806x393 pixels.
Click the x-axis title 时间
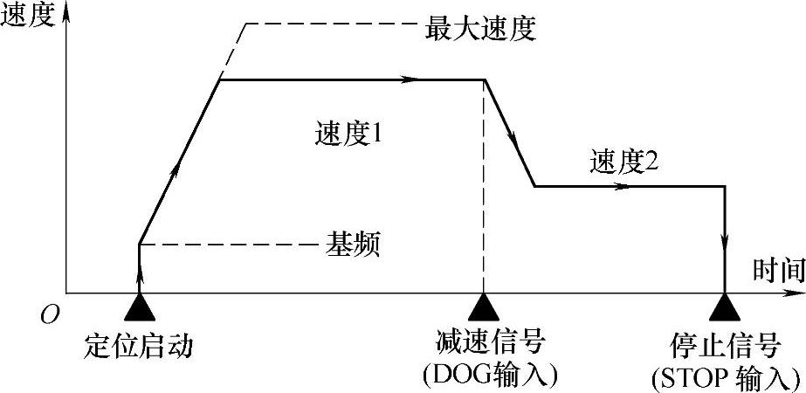click(x=778, y=272)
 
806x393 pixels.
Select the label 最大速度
click(x=479, y=29)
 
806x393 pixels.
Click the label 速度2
click(x=623, y=163)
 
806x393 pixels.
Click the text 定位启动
click(x=139, y=345)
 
